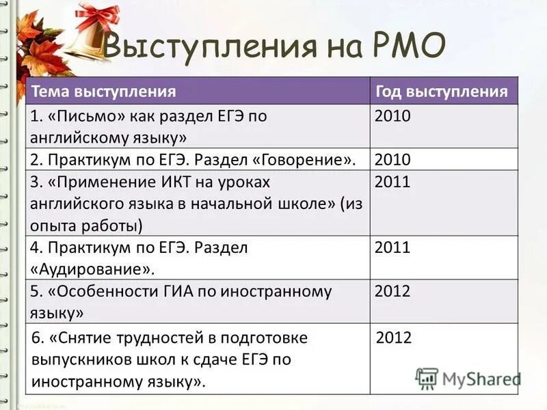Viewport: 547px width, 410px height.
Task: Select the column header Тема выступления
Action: (104, 92)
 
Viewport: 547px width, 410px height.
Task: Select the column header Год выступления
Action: (441, 92)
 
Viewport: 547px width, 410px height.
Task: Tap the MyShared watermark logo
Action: (468, 378)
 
